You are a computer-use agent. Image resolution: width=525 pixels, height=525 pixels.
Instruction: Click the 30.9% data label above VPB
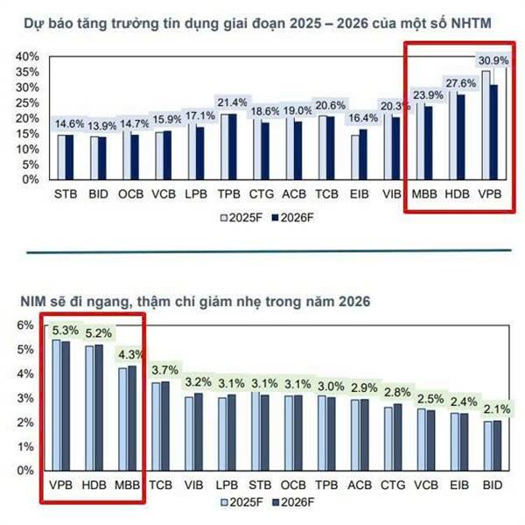(x=491, y=59)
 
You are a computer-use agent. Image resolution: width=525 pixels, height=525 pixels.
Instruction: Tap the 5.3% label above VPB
(x=66, y=331)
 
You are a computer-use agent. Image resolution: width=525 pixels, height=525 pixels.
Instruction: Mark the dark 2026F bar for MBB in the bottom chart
(x=132, y=418)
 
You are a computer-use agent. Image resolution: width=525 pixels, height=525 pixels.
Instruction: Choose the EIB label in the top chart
(x=359, y=192)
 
